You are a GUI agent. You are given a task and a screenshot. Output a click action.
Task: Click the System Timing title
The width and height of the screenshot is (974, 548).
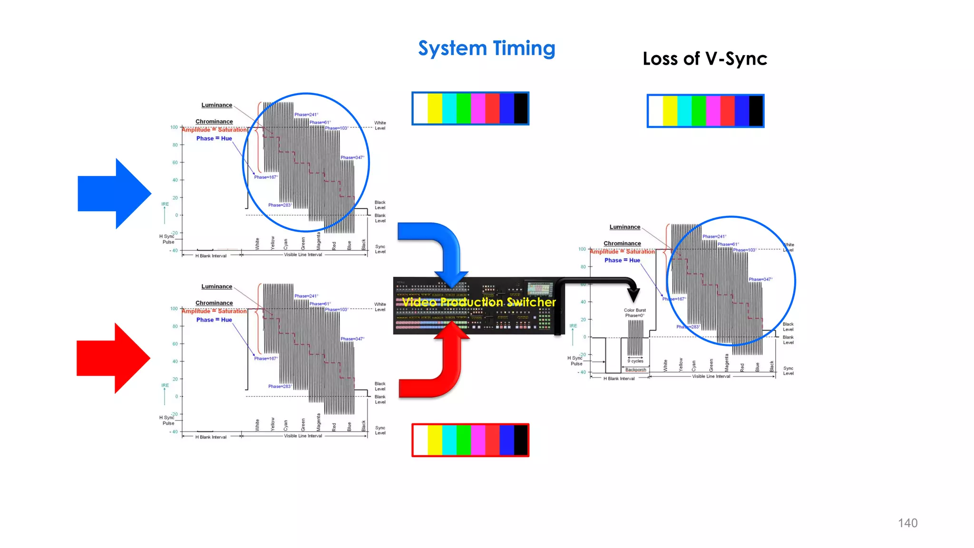click(487, 49)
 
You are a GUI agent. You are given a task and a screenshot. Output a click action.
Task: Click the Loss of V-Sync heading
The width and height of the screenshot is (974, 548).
click(704, 59)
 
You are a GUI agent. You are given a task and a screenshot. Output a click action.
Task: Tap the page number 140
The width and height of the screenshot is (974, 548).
click(907, 523)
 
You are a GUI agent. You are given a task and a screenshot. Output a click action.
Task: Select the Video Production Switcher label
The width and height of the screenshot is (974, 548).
click(478, 302)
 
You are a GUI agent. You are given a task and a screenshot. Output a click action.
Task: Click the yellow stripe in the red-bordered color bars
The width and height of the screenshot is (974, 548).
click(435, 440)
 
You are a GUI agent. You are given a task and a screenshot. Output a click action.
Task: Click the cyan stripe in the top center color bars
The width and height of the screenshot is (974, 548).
click(449, 108)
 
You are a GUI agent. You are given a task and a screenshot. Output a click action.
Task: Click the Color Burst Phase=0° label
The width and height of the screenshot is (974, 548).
click(634, 313)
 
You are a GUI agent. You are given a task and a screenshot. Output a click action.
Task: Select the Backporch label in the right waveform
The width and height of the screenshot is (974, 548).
click(635, 370)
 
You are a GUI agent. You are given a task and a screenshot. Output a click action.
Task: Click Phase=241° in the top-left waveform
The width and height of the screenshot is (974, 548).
click(306, 115)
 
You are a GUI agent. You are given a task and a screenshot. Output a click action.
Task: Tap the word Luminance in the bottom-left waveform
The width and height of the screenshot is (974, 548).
click(216, 286)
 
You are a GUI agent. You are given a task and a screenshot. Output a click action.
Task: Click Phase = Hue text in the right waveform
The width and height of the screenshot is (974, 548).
click(622, 260)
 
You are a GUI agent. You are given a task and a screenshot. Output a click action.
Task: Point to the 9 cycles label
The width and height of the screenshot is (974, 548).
click(635, 361)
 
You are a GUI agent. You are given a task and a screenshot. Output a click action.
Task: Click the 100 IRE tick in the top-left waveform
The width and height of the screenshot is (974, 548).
click(174, 127)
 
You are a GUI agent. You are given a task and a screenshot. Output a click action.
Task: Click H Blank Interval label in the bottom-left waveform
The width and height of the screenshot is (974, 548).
click(211, 437)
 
